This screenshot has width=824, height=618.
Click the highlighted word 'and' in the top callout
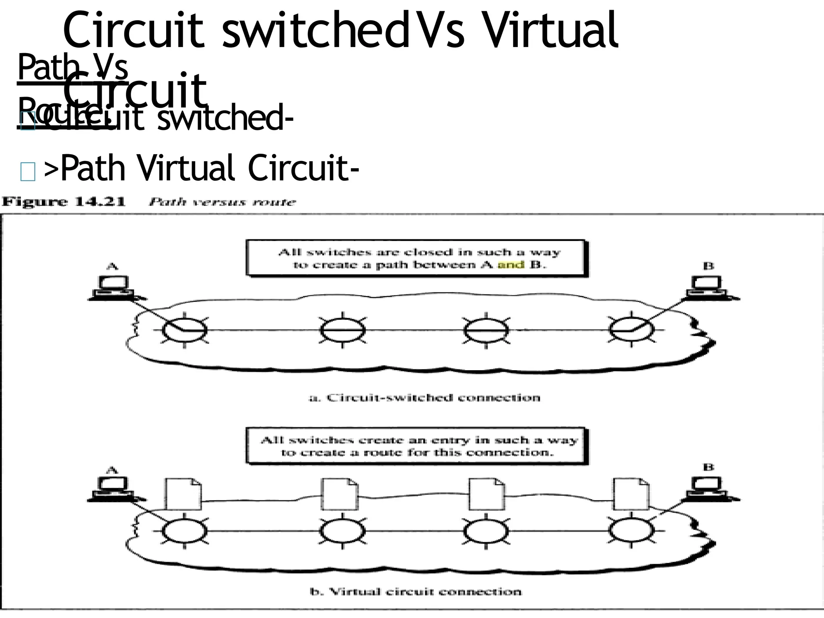tap(511, 265)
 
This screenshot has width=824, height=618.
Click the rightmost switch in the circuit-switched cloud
tap(631, 330)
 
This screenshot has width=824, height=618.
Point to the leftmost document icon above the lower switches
tap(183, 494)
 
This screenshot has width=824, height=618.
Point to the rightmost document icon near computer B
tap(630, 494)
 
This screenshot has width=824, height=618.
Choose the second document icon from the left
tap(340, 494)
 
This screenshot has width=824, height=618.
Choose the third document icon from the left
tap(486, 494)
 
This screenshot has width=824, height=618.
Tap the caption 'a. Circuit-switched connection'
tap(424, 398)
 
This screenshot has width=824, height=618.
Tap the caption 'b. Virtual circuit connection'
tap(416, 591)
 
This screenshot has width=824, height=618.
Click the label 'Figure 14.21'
tap(64, 202)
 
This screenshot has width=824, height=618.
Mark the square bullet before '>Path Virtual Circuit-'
tap(27, 172)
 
